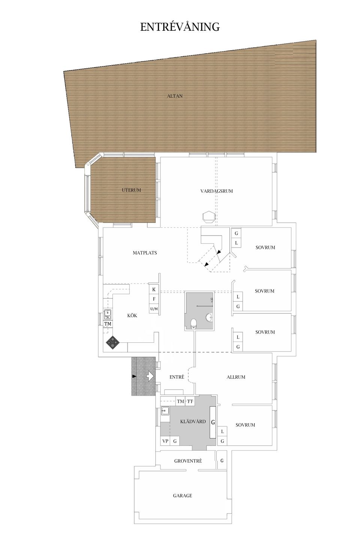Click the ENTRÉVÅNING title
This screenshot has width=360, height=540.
pyautogui.click(x=180, y=27)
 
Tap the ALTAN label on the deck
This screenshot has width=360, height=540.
pyautogui.click(x=175, y=96)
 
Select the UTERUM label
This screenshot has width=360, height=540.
pyautogui.click(x=131, y=190)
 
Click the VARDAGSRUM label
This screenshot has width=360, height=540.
pyautogui.click(x=216, y=191)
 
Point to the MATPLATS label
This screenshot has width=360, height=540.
pyautogui.click(x=145, y=253)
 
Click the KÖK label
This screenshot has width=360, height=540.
pyautogui.click(x=132, y=315)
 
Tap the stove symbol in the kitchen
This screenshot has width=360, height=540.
pyautogui.click(x=113, y=342)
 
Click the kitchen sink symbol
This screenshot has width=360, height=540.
pyautogui.click(x=108, y=313)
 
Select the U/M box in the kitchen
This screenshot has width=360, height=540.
pyautogui.click(x=154, y=309)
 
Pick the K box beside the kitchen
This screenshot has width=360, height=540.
pyautogui.click(x=154, y=289)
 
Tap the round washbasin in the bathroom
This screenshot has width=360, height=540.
pyautogui.click(x=209, y=318)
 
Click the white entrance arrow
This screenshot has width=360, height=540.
pyautogui.click(x=150, y=376)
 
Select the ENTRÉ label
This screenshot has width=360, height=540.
pyautogui.click(x=177, y=377)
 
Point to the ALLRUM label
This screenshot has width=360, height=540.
pyautogui.click(x=236, y=377)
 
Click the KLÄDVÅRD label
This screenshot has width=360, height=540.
pyautogui.click(x=193, y=421)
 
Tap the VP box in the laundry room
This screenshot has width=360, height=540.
pyautogui.click(x=165, y=441)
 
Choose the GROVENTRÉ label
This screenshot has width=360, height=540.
pyautogui.click(x=188, y=461)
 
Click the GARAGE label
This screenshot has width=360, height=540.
pyautogui.click(x=182, y=495)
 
